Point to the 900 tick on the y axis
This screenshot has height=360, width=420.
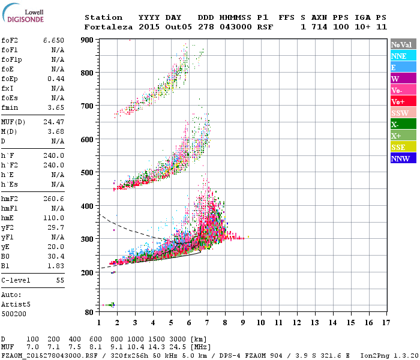tap(88, 40)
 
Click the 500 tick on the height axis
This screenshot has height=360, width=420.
tap(88, 173)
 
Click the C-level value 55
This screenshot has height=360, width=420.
tap(59, 280)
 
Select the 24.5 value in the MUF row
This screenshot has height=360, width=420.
tap(181, 347)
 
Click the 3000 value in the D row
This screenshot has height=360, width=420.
tap(179, 339)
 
